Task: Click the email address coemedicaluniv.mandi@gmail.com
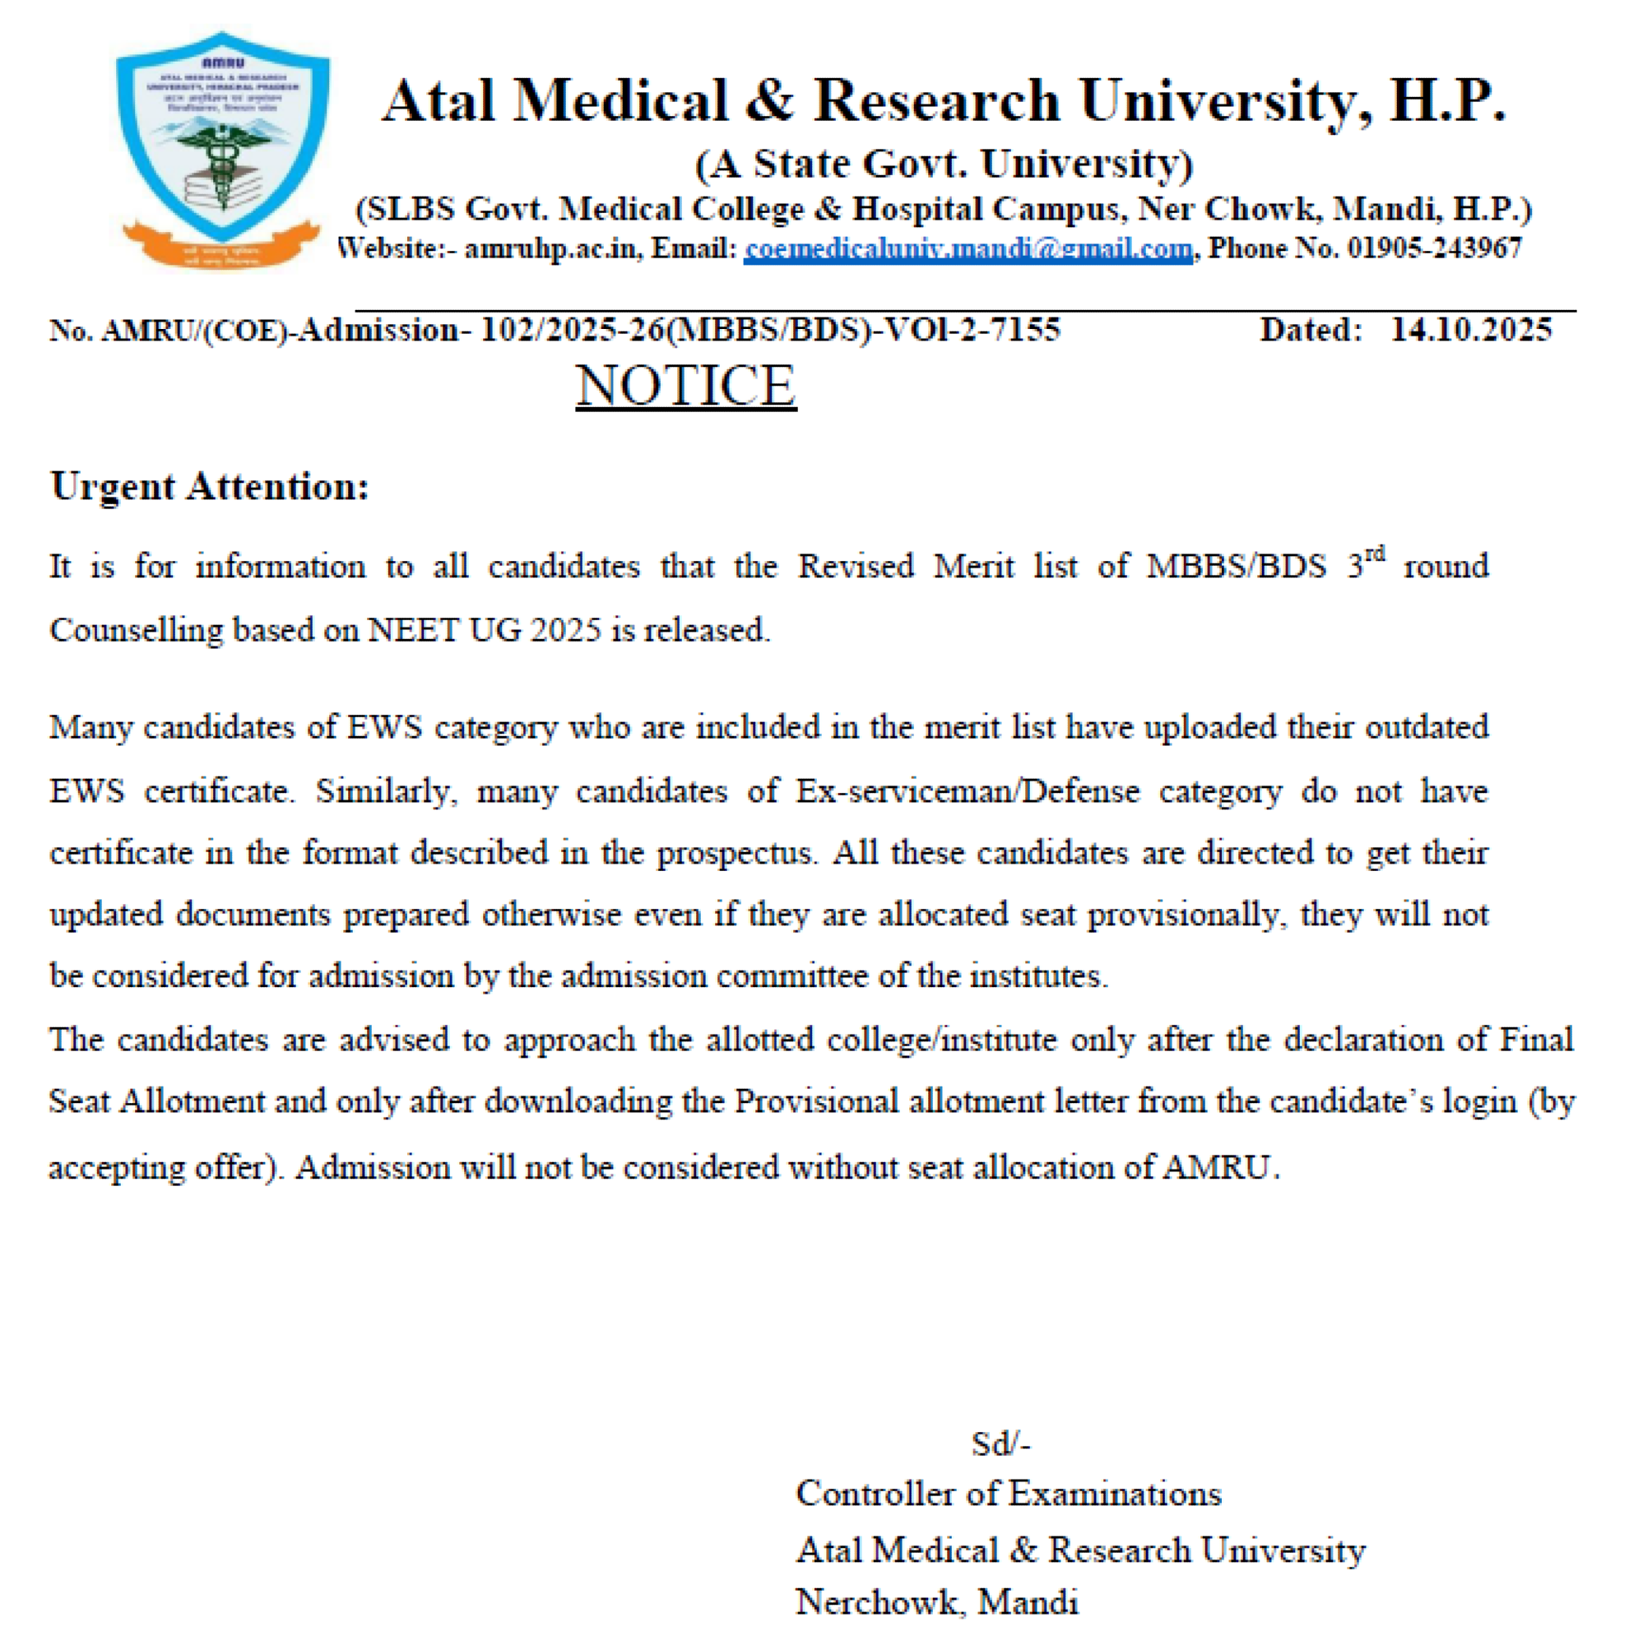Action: (x=968, y=248)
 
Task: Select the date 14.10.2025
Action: (x=1470, y=331)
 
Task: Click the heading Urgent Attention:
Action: (x=210, y=487)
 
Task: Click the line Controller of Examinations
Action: (x=1008, y=1494)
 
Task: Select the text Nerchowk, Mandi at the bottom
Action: (x=937, y=1602)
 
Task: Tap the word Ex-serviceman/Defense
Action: (x=968, y=792)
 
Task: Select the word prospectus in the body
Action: (x=734, y=853)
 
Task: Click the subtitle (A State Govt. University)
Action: (x=944, y=164)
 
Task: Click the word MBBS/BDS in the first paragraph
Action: (x=1236, y=567)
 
